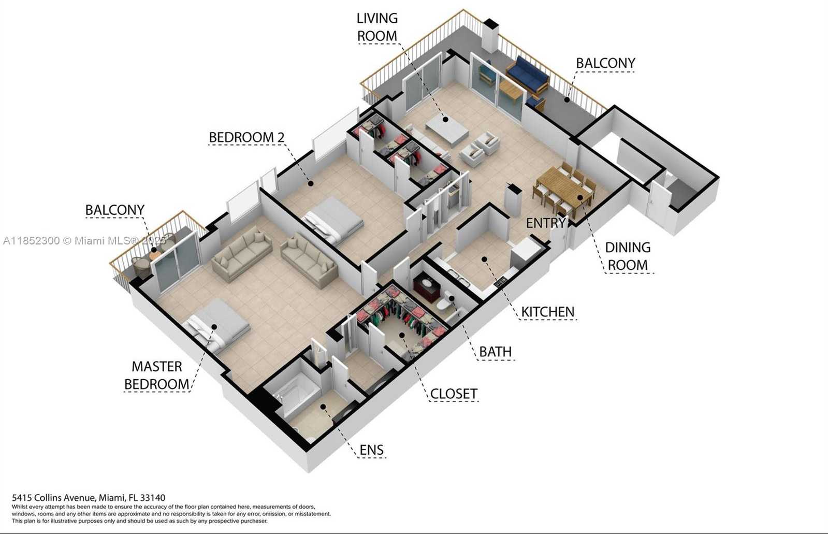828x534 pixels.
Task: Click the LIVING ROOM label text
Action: point(377,27)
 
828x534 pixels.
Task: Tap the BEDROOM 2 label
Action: point(246,137)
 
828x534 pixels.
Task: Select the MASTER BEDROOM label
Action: point(157,376)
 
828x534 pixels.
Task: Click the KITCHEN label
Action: point(548,312)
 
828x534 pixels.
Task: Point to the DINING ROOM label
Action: point(628,256)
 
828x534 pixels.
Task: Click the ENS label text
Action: point(371,450)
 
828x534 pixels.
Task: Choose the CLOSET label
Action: point(454,394)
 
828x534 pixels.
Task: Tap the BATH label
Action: point(496,352)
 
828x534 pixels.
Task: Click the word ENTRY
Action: point(546,223)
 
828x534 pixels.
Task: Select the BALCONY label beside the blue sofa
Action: point(605,63)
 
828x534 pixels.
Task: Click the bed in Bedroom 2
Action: point(332,220)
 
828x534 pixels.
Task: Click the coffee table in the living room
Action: point(446,130)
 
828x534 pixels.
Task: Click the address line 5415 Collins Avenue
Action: point(89,497)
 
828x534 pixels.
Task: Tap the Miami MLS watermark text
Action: point(84,241)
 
